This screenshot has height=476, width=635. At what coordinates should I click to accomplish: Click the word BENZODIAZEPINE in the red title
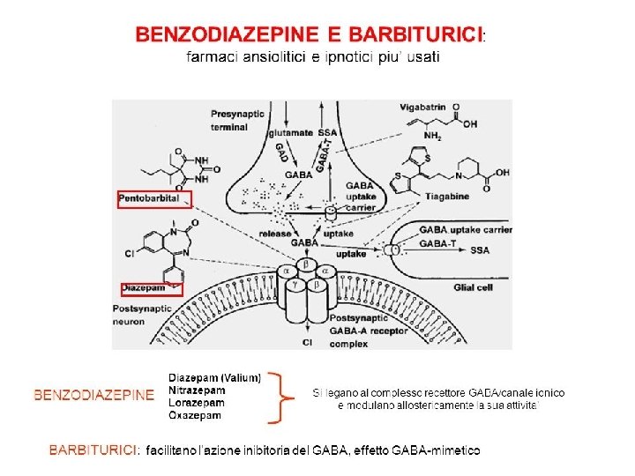pyautogui.click(x=226, y=34)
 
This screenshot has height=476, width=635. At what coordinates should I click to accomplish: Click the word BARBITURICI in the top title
pyautogui.click(x=416, y=34)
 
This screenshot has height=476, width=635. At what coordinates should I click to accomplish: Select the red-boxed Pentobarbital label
pyautogui.click(x=153, y=199)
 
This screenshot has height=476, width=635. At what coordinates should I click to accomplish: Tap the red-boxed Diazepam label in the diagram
pyautogui.click(x=144, y=287)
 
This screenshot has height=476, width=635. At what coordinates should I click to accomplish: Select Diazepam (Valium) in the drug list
pyautogui.click(x=214, y=377)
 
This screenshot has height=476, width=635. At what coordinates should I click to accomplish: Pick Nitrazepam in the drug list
pyautogui.click(x=197, y=390)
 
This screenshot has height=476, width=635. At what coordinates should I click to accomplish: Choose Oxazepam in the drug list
pyautogui.click(x=195, y=414)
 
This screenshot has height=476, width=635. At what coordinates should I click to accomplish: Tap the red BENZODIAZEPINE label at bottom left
pyautogui.click(x=93, y=395)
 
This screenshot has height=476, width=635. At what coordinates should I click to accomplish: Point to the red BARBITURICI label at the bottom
pyautogui.click(x=93, y=450)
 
